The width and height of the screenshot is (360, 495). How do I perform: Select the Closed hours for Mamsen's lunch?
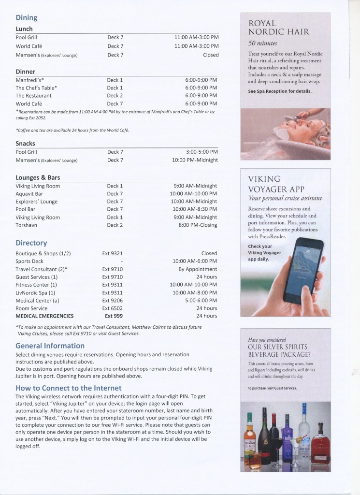coord(210,55)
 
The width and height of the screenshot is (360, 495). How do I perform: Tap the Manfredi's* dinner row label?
coord(30,80)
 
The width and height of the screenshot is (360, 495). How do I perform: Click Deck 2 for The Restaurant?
coord(115,96)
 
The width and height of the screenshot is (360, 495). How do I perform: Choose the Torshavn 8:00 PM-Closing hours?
coord(198,225)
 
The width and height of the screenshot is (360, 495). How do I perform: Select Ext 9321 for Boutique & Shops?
coord(112,253)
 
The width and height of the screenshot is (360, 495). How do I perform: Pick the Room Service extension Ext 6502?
coord(112,308)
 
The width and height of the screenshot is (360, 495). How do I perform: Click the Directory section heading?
coord(31,243)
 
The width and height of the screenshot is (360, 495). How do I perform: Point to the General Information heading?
coord(50,346)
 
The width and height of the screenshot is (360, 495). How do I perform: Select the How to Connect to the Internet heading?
coord(68,388)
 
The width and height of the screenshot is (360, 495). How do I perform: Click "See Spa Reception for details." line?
coord(280,91)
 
